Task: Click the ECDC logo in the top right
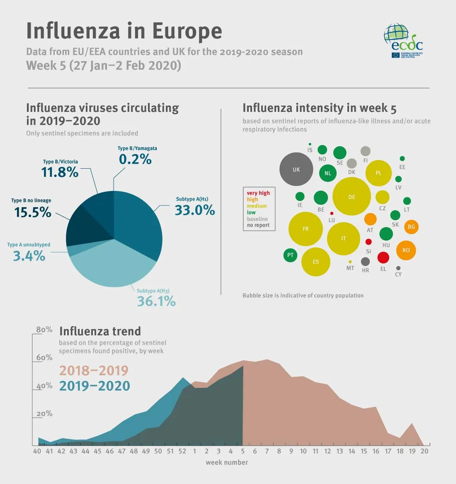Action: click(x=403, y=40)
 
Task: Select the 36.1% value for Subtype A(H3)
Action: click(x=156, y=301)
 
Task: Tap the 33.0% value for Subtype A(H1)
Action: click(x=194, y=210)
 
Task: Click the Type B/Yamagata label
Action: click(x=137, y=148)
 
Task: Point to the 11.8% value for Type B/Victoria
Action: click(x=60, y=172)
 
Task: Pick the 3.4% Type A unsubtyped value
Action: click(x=29, y=256)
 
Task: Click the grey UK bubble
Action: click(x=296, y=169)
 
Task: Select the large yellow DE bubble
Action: click(x=352, y=196)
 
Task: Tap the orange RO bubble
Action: click(x=406, y=250)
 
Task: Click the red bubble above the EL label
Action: click(x=383, y=257)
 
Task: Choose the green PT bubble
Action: click(x=290, y=255)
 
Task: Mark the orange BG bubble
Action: click(x=411, y=227)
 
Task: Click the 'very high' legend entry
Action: click(x=258, y=193)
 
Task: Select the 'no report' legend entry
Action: click(x=258, y=225)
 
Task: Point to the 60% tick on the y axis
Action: click(x=44, y=357)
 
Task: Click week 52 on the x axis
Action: click(x=182, y=451)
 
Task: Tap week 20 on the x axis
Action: click(x=424, y=451)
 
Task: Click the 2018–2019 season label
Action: click(x=94, y=370)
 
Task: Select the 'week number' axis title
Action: click(x=227, y=462)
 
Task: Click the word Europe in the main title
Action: click(x=187, y=31)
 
